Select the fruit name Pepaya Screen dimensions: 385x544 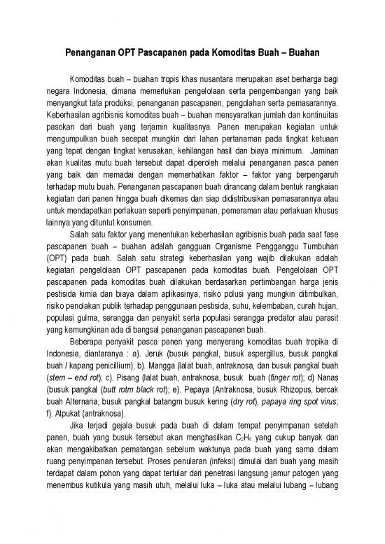210,389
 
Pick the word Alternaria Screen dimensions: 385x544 85,401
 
